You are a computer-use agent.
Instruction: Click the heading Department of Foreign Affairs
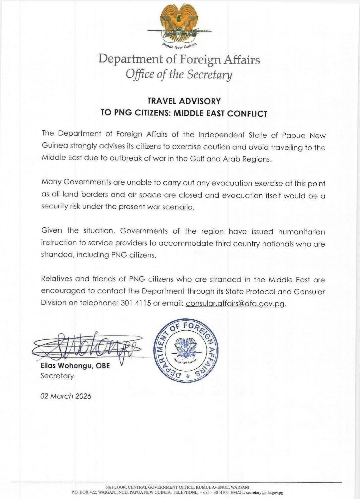[179, 59]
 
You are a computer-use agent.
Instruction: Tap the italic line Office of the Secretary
[179, 74]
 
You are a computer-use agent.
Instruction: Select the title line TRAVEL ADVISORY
[184, 101]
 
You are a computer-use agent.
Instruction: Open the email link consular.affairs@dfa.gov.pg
[235, 303]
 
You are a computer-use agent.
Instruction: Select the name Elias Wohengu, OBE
[75, 366]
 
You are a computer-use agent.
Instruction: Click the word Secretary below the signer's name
[57, 376]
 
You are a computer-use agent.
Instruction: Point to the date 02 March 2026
[66, 396]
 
